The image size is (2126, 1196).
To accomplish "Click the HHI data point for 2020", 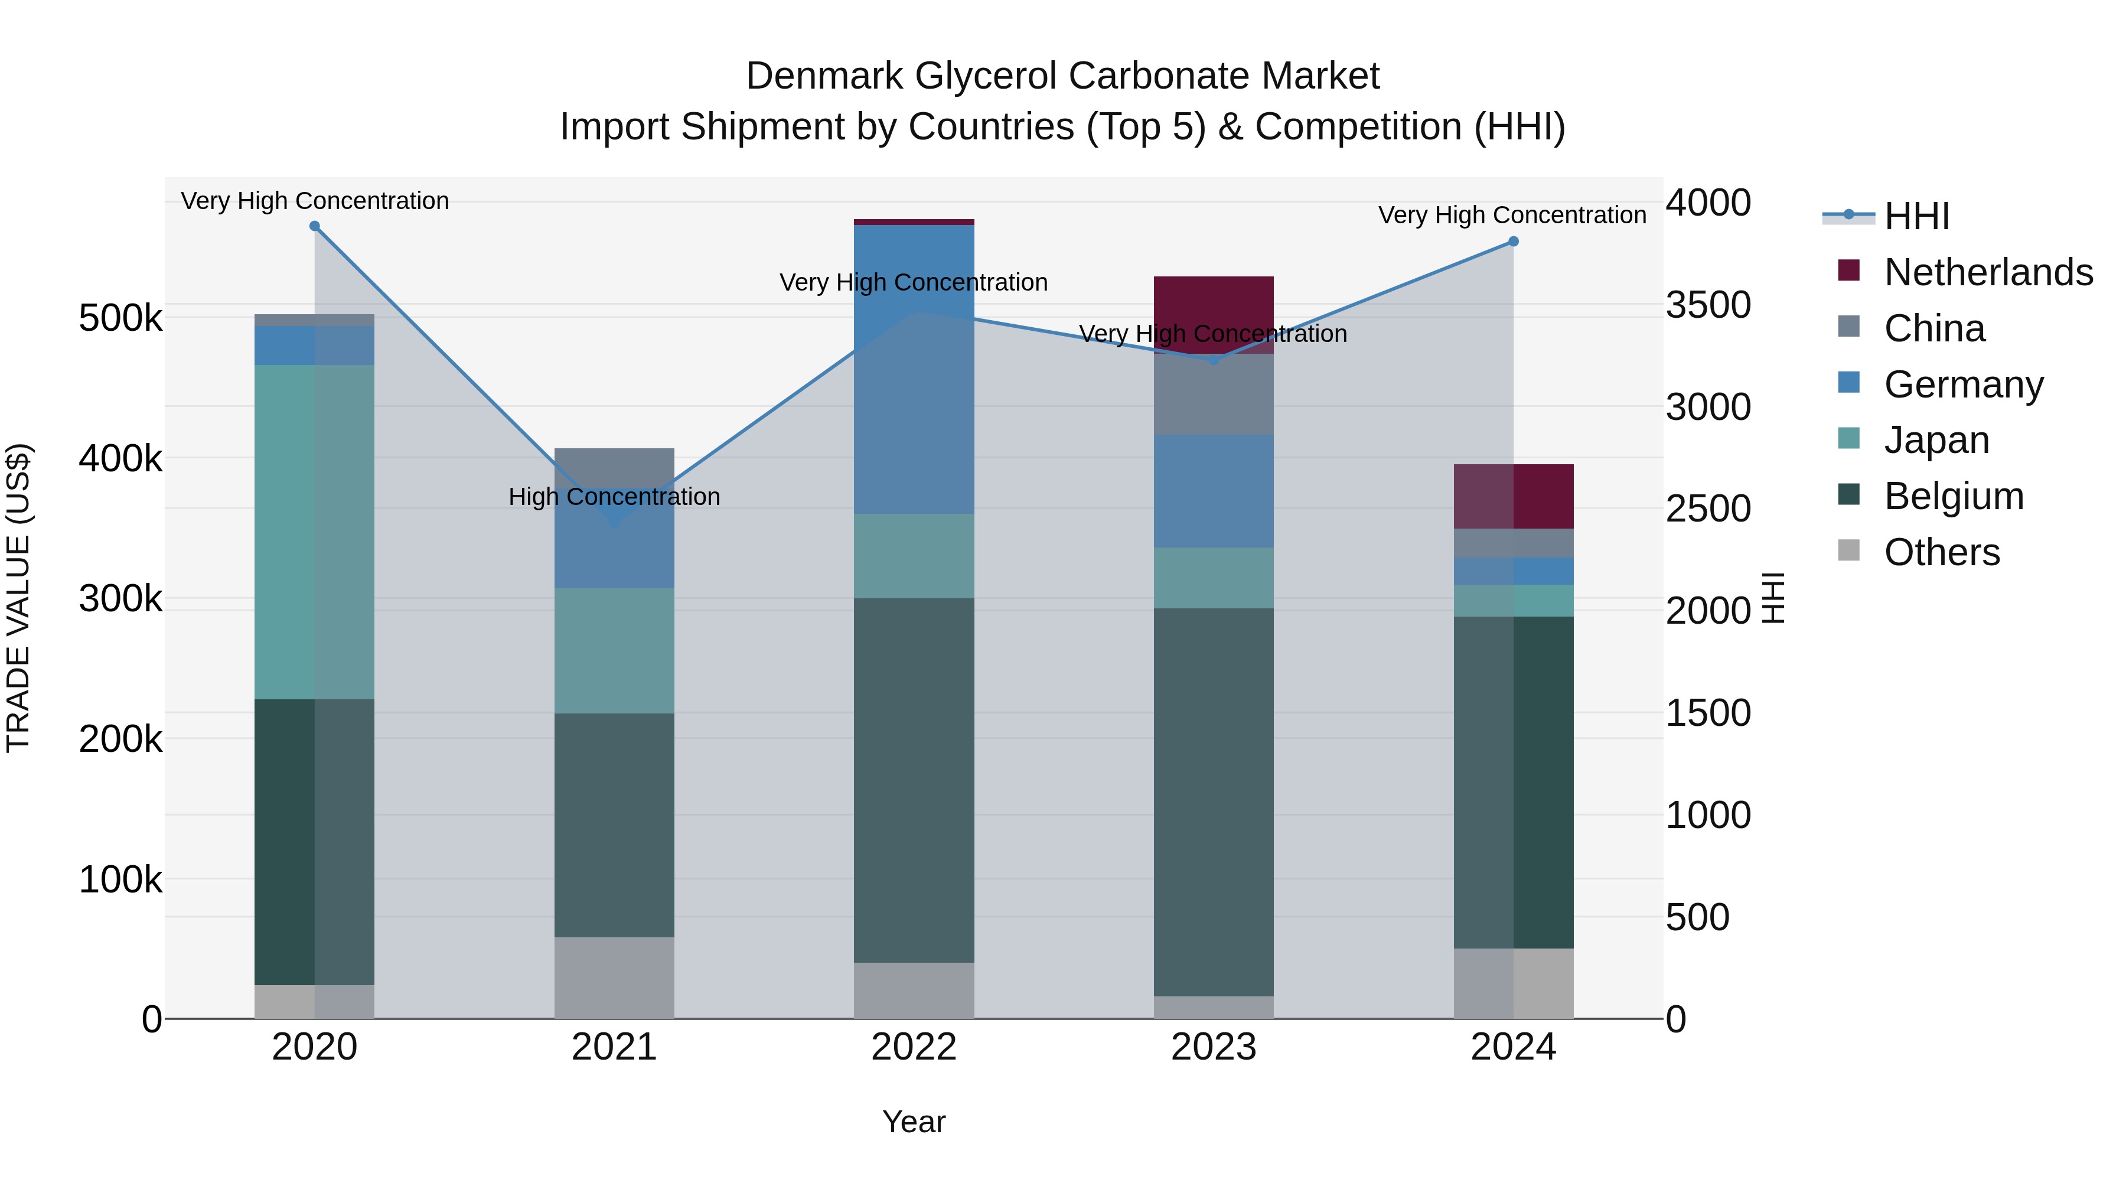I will click(x=314, y=226).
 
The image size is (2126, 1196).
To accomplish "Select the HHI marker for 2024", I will click(x=1513, y=242).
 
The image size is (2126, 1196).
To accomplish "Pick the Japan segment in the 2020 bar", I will click(x=314, y=532).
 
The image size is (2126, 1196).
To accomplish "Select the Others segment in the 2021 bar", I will click(x=614, y=977).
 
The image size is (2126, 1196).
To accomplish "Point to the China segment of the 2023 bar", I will click(x=1213, y=394).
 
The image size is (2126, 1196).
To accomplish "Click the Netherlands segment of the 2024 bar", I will click(x=1513, y=496).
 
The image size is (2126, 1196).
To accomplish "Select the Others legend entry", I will click(x=1941, y=552).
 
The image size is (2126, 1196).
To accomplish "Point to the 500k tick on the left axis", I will click(x=120, y=318).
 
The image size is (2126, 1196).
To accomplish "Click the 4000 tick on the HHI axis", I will click(x=1707, y=203).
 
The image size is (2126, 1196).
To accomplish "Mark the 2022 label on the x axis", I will click(x=914, y=1047).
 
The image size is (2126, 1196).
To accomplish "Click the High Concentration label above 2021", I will click(x=614, y=497).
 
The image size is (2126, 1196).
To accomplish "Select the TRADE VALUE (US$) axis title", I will click(x=18, y=598).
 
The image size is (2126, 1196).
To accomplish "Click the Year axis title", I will click(x=914, y=1122).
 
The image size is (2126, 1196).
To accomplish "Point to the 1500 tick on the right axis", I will click(x=1707, y=713).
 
